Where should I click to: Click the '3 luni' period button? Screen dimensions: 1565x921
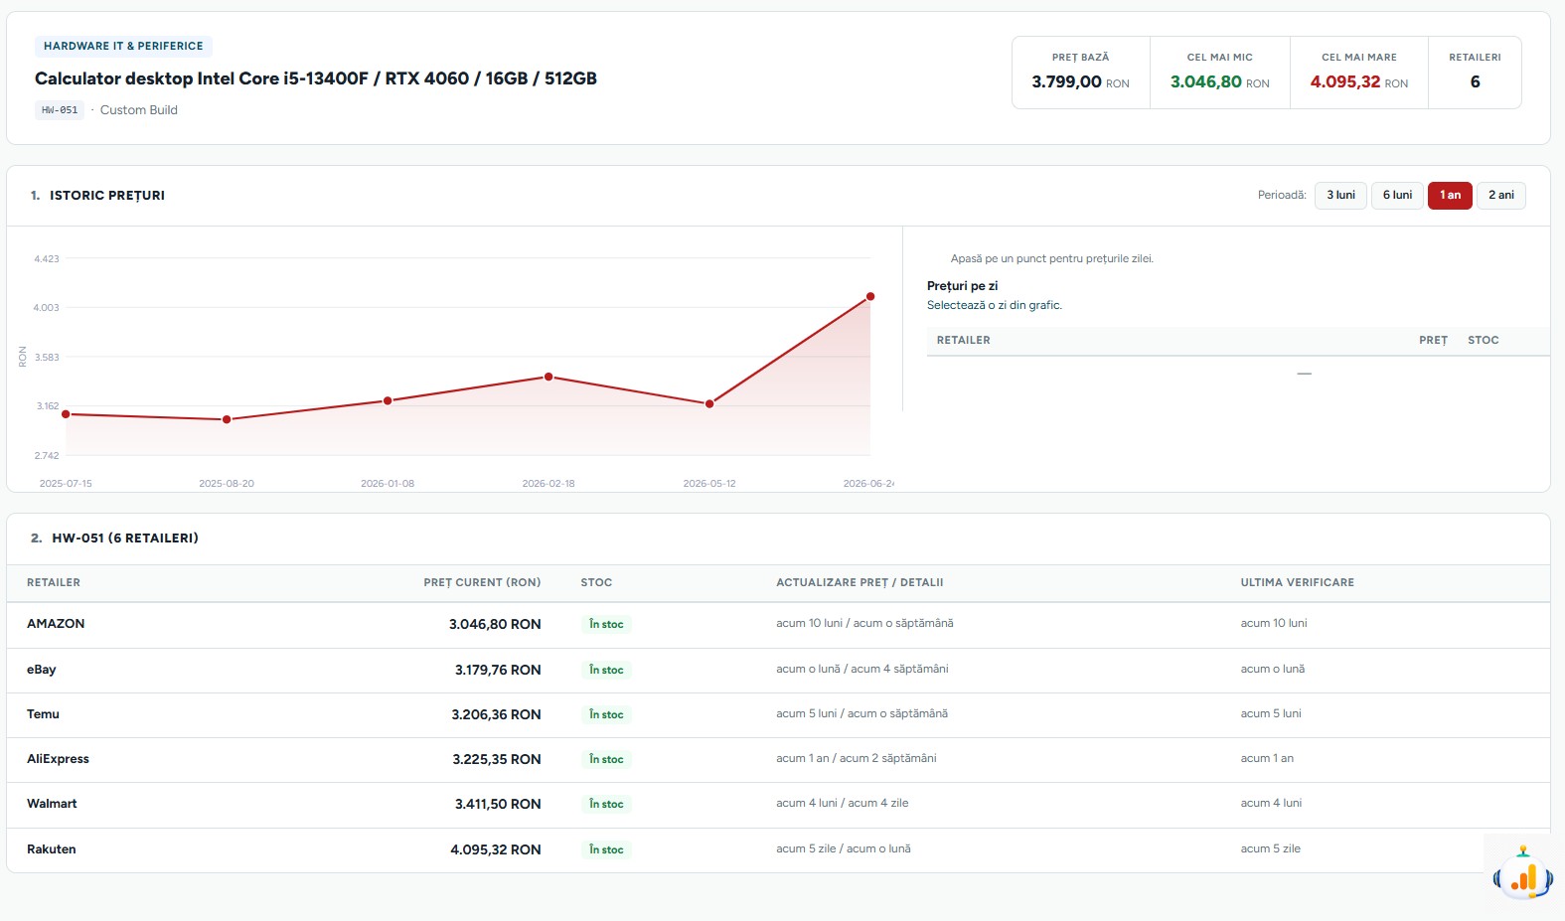(x=1340, y=195)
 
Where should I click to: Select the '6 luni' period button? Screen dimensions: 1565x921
(x=1397, y=195)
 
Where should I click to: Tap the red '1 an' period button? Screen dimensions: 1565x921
(x=1450, y=195)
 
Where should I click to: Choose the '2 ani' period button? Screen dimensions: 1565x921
(x=1500, y=195)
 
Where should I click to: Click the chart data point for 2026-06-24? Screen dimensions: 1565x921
(x=869, y=296)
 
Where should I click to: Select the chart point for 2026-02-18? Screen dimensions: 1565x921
(x=548, y=377)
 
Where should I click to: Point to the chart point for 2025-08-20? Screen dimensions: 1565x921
(x=227, y=419)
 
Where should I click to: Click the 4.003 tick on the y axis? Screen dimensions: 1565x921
(x=46, y=307)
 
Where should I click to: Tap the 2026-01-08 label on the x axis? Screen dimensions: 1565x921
(x=388, y=484)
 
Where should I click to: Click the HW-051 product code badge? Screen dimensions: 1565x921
(x=60, y=109)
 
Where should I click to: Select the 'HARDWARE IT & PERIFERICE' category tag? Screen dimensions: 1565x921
(x=123, y=46)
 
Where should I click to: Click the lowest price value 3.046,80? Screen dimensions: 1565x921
(x=1206, y=81)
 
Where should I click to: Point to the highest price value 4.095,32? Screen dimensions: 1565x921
(x=1345, y=81)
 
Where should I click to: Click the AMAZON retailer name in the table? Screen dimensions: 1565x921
(x=56, y=623)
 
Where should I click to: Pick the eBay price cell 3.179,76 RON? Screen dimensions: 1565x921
(x=498, y=670)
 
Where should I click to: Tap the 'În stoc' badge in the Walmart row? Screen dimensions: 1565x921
(x=606, y=804)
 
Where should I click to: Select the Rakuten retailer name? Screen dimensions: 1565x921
(x=51, y=849)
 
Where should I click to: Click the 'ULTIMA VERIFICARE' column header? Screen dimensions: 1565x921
(x=1297, y=582)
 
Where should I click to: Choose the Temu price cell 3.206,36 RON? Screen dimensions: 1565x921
(x=496, y=714)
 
